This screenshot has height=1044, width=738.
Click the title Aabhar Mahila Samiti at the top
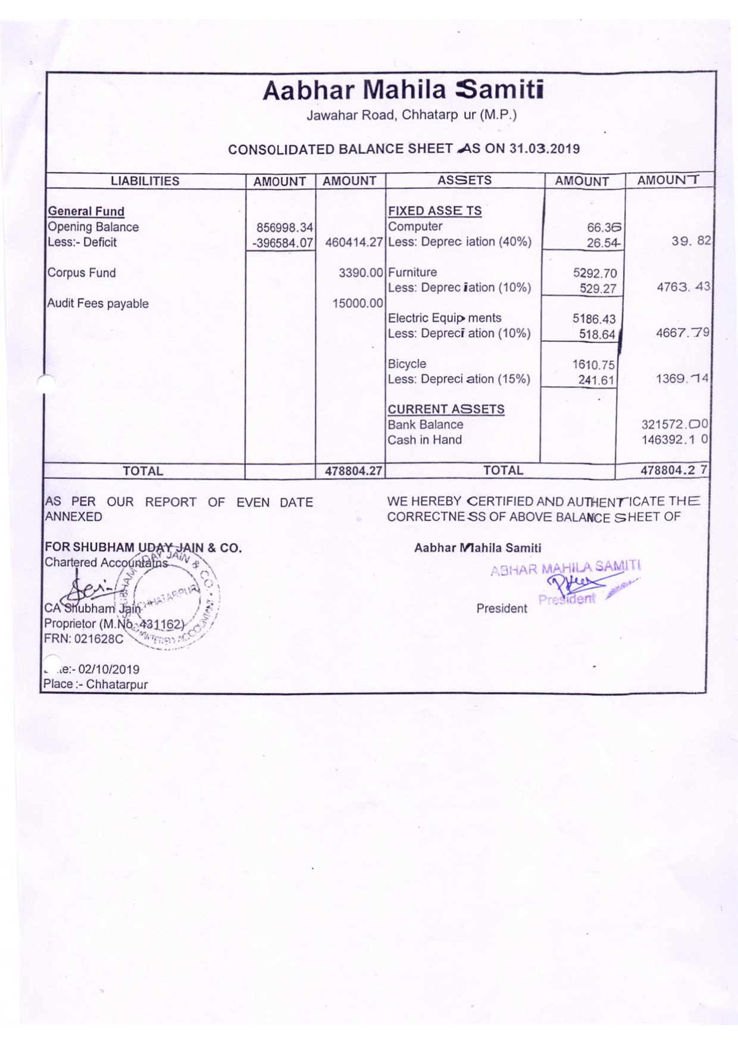(403, 90)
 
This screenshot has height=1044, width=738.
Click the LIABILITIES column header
(145, 181)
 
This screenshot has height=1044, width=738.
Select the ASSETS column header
(464, 180)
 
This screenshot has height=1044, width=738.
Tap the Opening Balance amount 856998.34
(284, 227)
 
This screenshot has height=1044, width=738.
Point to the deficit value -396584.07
(282, 243)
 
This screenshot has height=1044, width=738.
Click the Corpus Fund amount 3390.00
(361, 273)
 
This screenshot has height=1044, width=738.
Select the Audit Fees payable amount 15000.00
(357, 303)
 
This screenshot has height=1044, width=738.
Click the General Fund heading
(86, 211)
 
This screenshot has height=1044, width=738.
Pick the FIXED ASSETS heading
(434, 211)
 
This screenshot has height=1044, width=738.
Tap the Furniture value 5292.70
(595, 274)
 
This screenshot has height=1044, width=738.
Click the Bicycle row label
(407, 363)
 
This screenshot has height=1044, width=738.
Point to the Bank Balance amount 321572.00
(674, 425)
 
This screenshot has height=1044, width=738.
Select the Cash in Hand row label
(424, 440)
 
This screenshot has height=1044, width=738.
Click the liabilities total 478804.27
(353, 471)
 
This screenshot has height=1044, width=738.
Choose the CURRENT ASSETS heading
(446, 409)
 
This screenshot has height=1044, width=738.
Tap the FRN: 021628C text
(84, 639)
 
